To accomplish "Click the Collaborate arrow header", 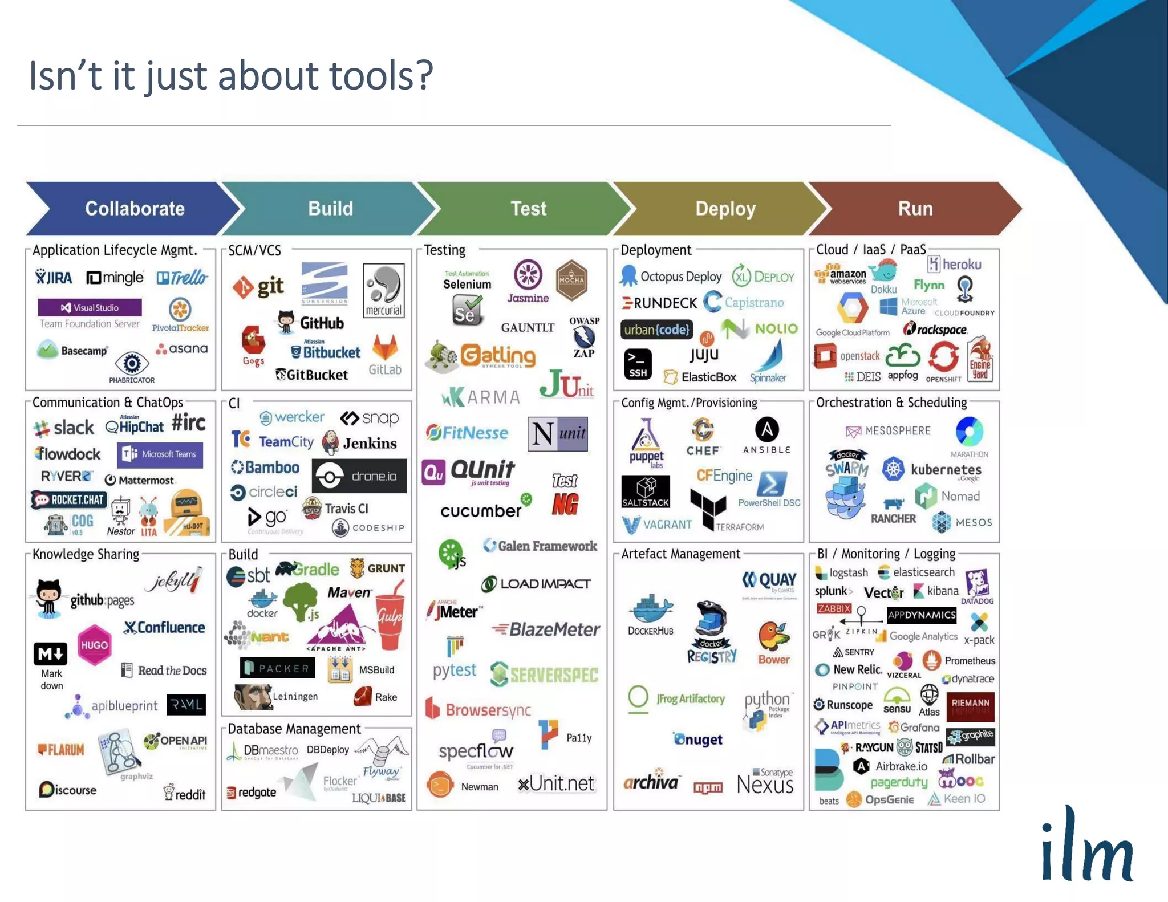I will [x=135, y=209].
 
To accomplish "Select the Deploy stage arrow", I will [x=725, y=209].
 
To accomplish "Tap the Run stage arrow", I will [x=915, y=209].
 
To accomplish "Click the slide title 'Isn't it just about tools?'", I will [x=231, y=76].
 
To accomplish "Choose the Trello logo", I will [x=182, y=278].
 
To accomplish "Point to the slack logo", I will [x=64, y=427].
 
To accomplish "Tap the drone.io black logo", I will [x=359, y=476].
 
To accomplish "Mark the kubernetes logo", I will [x=932, y=470].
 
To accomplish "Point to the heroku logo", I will [x=955, y=264].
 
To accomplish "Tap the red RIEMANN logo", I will [x=970, y=706].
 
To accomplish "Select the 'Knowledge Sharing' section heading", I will [x=86, y=554].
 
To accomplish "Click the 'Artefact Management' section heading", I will [x=680, y=554].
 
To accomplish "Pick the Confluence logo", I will [x=164, y=627].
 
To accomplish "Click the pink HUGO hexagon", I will [x=94, y=645].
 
